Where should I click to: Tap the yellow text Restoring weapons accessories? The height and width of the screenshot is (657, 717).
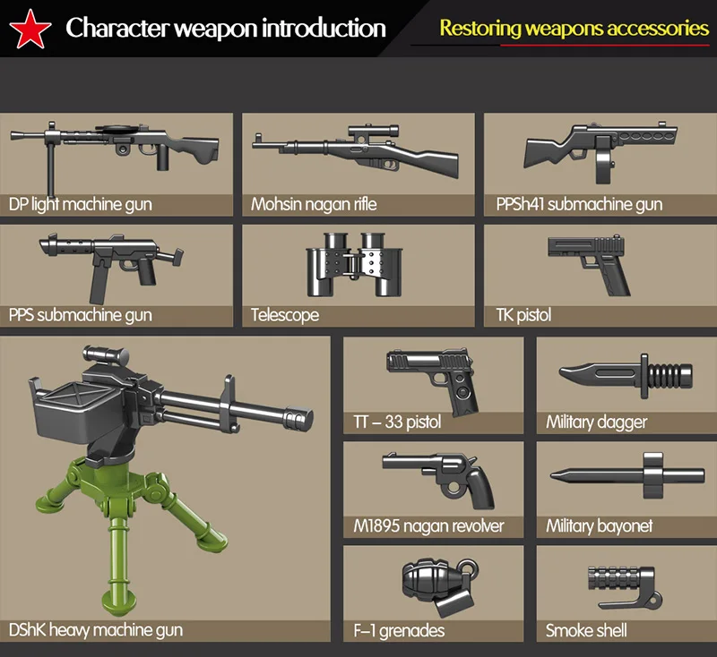point(574,28)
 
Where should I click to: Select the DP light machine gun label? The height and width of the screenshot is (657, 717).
point(81,204)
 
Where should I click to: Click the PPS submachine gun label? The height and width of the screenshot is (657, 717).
point(81,315)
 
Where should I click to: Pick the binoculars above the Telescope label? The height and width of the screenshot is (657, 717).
point(351,265)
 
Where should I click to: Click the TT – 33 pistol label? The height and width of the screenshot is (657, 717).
point(397,422)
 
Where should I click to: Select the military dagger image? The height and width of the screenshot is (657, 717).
point(626,373)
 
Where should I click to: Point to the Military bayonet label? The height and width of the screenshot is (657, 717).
point(599,526)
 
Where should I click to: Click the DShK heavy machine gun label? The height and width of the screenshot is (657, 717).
point(96,630)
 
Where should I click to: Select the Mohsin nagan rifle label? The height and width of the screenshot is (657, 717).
point(314,204)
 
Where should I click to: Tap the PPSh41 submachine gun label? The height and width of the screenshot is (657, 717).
point(579,204)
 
